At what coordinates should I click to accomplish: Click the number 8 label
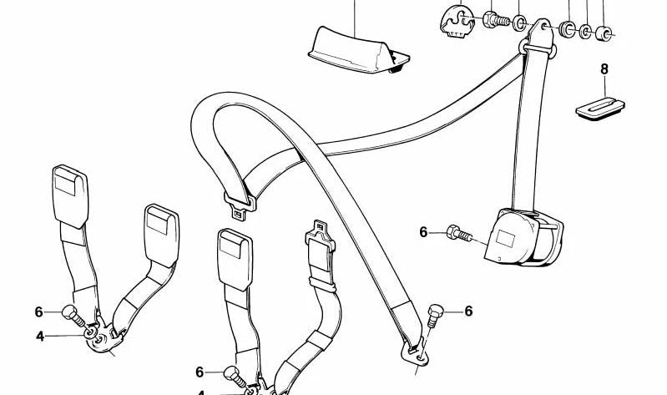click(x=604, y=69)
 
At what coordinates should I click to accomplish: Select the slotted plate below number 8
click(x=599, y=108)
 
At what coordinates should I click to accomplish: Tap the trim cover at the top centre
click(x=358, y=50)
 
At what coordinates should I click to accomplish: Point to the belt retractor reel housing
click(x=523, y=237)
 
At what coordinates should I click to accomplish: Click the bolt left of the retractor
click(x=459, y=233)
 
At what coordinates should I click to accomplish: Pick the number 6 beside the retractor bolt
click(x=423, y=232)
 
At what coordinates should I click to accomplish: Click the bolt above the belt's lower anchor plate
click(x=435, y=315)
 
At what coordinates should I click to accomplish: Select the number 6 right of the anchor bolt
click(x=468, y=311)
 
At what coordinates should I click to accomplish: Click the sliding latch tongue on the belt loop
click(x=240, y=205)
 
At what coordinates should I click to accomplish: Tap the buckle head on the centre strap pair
click(x=235, y=259)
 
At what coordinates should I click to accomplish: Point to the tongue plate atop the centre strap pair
click(x=320, y=235)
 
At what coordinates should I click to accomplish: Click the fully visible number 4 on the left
click(x=40, y=337)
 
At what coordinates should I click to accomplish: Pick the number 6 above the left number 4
click(x=38, y=312)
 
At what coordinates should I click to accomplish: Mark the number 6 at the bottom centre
click(x=200, y=372)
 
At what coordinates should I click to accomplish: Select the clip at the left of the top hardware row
click(x=457, y=21)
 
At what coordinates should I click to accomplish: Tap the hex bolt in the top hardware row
click(x=496, y=19)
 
